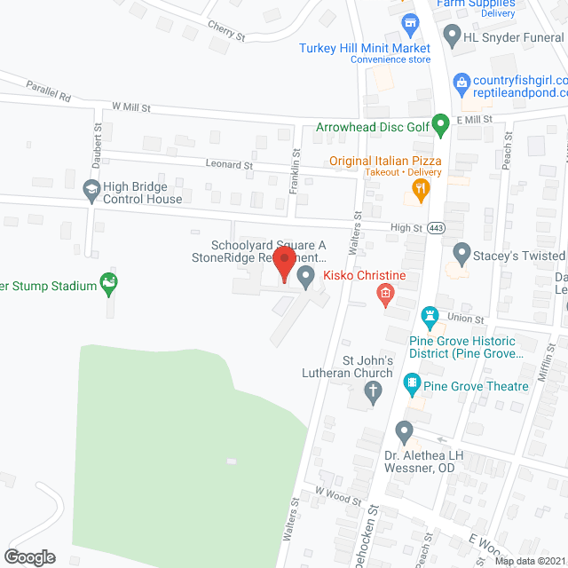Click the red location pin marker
284,264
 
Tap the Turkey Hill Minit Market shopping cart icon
409,21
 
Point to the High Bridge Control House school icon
91,189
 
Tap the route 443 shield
436,227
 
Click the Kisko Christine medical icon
385,292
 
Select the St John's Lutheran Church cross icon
375,391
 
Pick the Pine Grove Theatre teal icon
412,384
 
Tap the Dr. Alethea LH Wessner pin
405,433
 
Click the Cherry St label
225,31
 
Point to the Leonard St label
229,165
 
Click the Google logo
29,556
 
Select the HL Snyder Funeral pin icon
452,36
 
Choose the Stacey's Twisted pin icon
461,254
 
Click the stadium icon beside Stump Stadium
110,284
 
